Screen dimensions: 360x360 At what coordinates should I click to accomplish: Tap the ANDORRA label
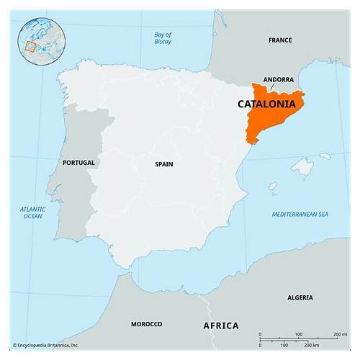278,79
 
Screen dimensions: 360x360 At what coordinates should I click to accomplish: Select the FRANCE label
280,40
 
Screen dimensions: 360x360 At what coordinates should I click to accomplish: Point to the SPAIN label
163,164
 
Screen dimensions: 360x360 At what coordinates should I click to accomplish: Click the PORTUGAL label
78,163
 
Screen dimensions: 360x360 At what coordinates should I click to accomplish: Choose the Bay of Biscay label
163,38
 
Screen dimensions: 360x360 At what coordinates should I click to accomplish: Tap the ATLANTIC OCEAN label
32,212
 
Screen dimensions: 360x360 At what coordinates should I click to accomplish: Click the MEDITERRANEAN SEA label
300,215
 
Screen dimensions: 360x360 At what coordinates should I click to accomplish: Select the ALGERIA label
300,297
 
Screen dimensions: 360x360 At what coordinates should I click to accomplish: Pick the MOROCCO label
146,324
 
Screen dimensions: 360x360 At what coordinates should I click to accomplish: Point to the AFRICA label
220,325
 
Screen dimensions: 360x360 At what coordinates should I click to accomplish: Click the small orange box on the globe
30,47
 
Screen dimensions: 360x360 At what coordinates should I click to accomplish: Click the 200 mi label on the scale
339,335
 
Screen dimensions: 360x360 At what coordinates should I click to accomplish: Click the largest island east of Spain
303,167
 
